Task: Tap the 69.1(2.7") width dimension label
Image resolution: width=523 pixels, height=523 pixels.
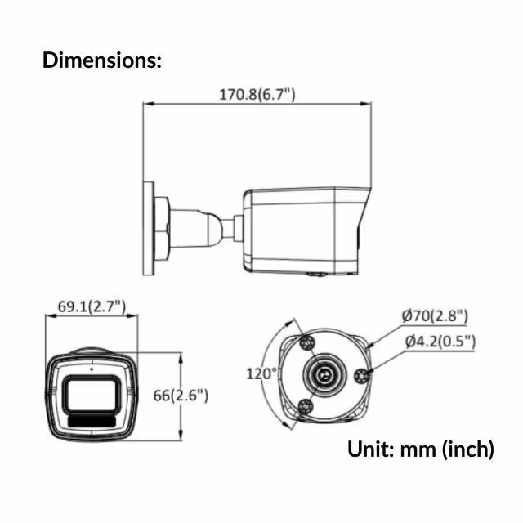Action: pos(91,306)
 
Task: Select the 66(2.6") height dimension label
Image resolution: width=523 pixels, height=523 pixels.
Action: pos(181,395)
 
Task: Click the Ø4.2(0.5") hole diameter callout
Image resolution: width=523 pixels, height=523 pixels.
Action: pos(439,342)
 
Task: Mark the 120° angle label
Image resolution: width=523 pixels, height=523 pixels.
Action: pos(262,373)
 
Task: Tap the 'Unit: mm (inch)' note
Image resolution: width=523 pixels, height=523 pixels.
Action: pos(420,449)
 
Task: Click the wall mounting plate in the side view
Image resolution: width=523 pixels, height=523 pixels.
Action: pos(149,228)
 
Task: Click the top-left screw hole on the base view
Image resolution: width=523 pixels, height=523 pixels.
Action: pos(307,340)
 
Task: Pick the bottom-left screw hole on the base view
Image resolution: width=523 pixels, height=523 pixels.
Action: pos(306,409)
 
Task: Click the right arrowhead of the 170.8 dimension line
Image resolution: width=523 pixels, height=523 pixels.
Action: pos(367,103)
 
